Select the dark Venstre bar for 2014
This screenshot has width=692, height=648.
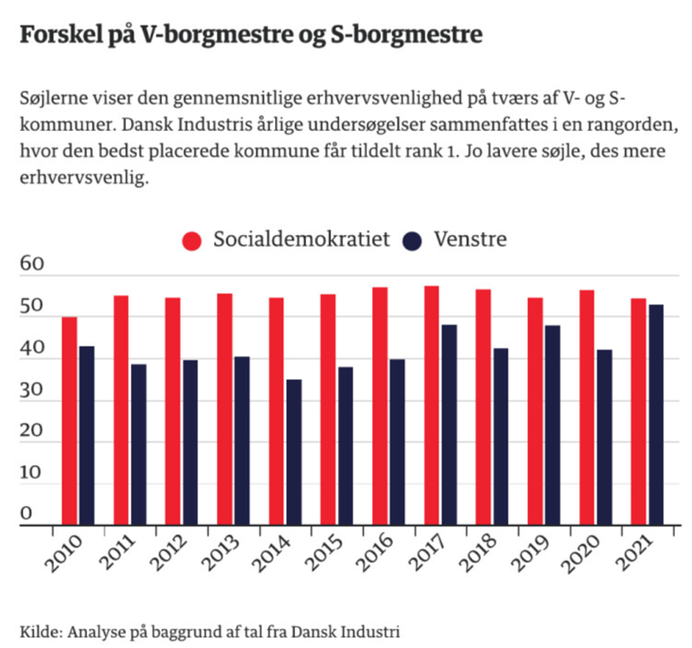294,452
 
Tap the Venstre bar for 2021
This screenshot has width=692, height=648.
657,414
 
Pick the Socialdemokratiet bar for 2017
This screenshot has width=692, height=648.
432,405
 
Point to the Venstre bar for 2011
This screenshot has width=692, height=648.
139,444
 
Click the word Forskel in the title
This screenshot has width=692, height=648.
64,36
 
